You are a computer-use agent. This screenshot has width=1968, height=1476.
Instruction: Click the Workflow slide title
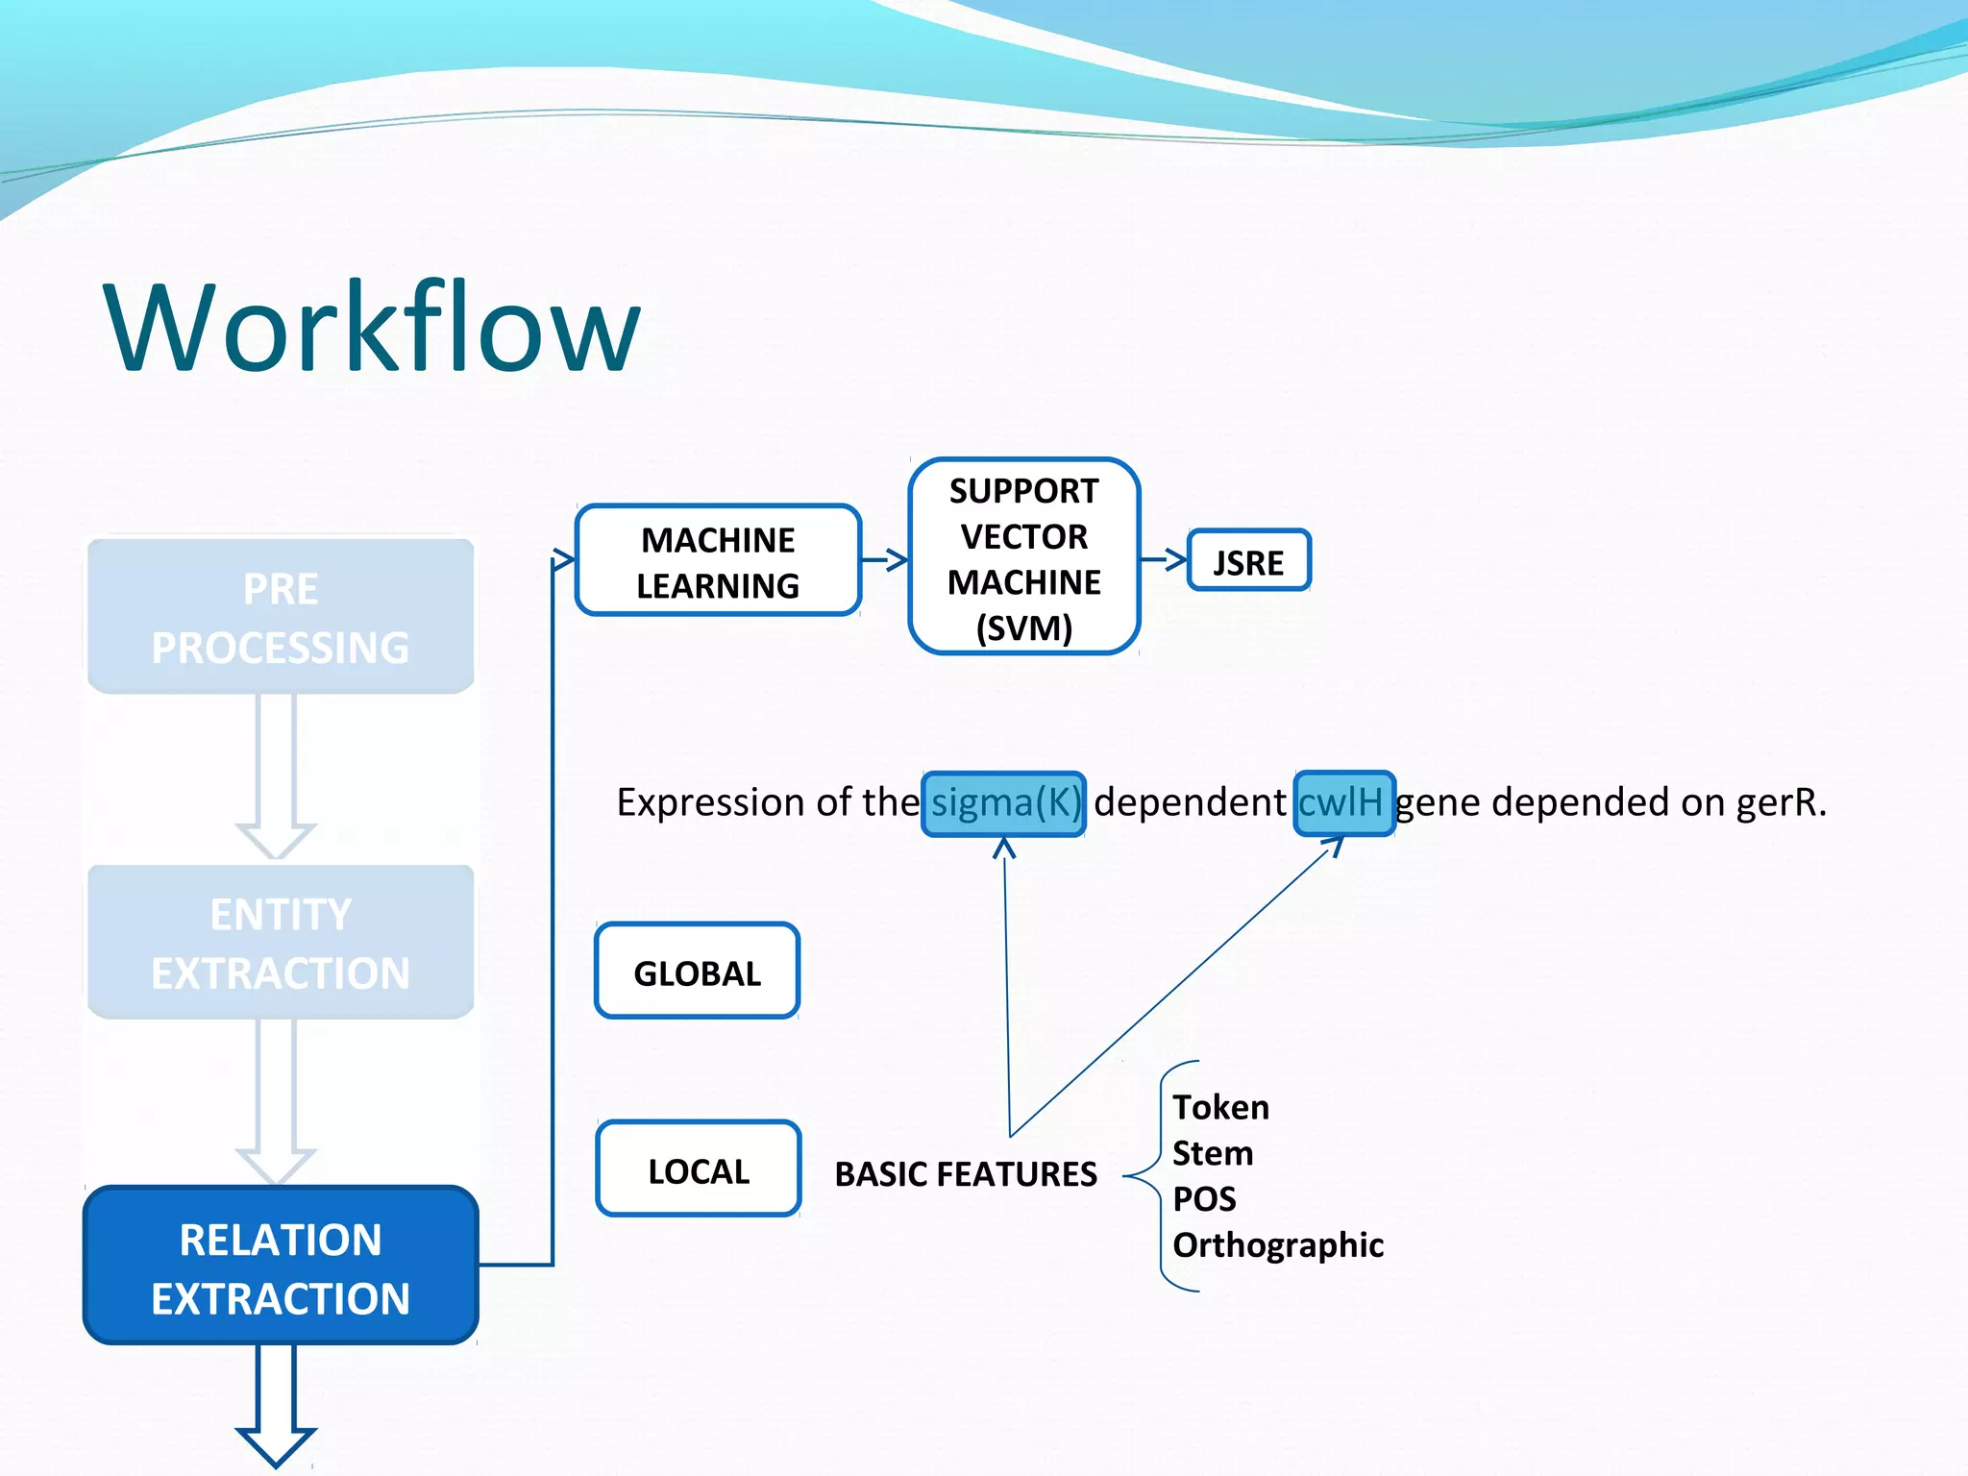click(x=372, y=327)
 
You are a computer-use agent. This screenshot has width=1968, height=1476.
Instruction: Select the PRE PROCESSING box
click(x=281, y=617)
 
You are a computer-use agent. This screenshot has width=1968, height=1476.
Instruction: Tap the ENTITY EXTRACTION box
click(x=281, y=943)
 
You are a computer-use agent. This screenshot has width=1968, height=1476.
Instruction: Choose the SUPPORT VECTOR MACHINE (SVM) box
click(x=1023, y=558)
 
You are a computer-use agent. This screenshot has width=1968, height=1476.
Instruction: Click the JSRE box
click(x=1248, y=562)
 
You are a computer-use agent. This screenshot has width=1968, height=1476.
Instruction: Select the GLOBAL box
click(x=698, y=972)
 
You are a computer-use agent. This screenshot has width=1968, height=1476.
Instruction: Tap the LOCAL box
click(x=699, y=1170)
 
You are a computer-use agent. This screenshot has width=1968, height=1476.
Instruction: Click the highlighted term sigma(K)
click(x=1004, y=803)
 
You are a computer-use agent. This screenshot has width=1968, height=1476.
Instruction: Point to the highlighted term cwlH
click(x=1343, y=803)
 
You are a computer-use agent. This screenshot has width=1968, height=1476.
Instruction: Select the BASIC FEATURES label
click(x=965, y=1173)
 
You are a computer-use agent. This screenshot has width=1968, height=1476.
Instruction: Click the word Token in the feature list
click(x=1220, y=1107)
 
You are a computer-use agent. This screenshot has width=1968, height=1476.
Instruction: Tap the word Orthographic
click(x=1278, y=1244)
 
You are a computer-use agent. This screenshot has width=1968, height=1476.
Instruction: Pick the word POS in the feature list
click(x=1204, y=1199)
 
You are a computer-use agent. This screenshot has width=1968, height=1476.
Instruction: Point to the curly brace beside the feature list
click(x=1149, y=1175)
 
